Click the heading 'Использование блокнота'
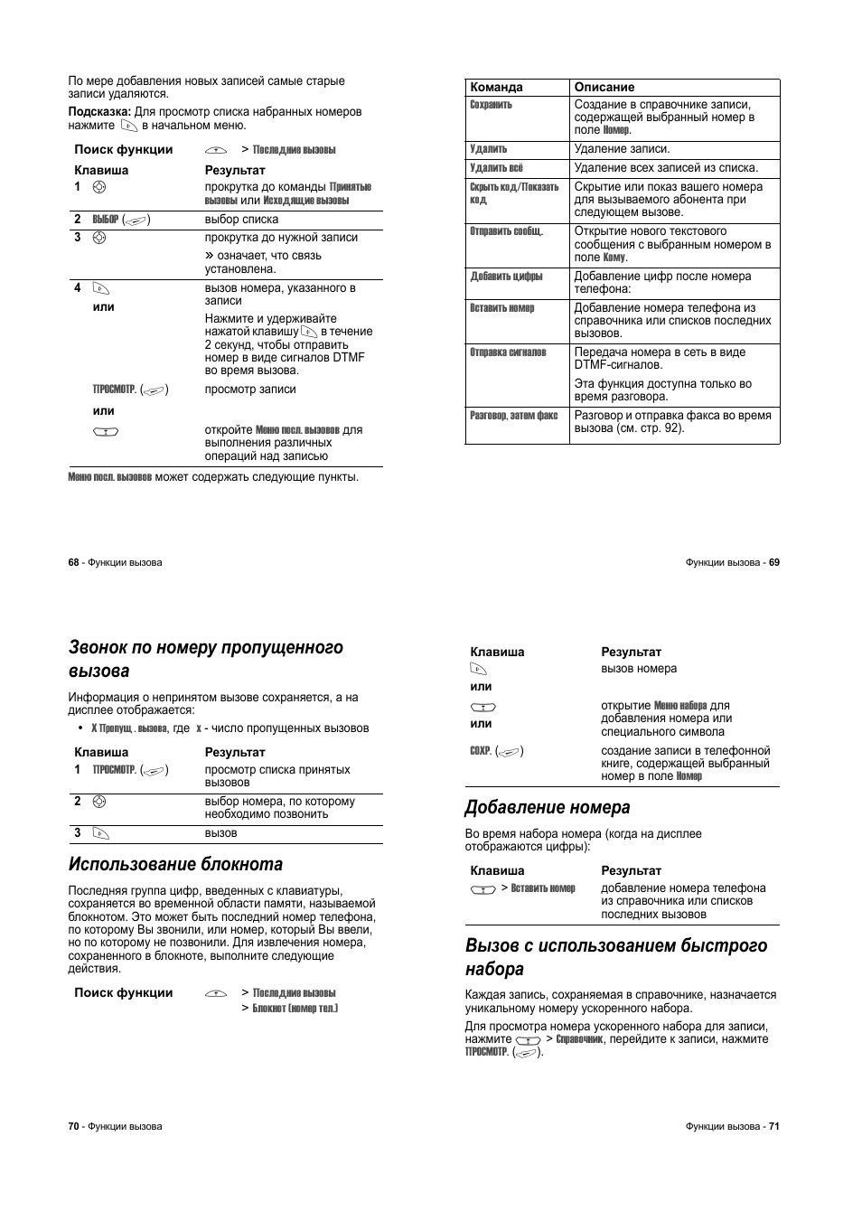[x=175, y=864]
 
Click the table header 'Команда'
[x=496, y=88]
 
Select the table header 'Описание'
[x=604, y=88]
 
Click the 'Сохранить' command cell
[x=491, y=105]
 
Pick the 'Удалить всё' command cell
[x=496, y=168]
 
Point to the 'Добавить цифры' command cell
[x=506, y=277]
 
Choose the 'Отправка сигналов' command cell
[x=508, y=352]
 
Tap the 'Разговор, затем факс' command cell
[x=513, y=416]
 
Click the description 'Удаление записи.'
[x=622, y=149]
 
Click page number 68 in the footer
[x=73, y=562]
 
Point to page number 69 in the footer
[x=773, y=562]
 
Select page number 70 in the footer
[x=73, y=1126]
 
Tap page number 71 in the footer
[x=773, y=1126]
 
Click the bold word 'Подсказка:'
[x=99, y=112]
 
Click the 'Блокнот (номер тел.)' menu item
[x=295, y=1008]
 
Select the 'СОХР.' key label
[x=480, y=751]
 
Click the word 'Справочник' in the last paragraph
[x=579, y=1039]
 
